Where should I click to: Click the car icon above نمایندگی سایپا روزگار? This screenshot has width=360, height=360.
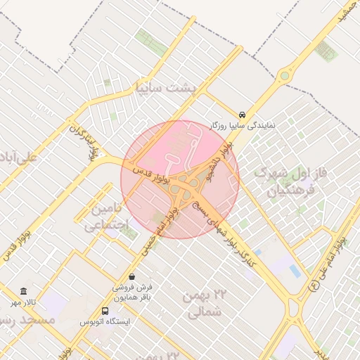(x=243, y=114)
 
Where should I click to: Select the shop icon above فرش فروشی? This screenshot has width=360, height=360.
(x=132, y=277)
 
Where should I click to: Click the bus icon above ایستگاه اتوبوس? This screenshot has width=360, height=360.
(x=105, y=311)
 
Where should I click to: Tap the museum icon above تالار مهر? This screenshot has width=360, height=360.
(x=24, y=292)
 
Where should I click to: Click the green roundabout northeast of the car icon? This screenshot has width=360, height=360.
(x=285, y=75)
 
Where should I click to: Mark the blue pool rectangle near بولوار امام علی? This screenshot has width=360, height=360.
(x=295, y=271)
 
